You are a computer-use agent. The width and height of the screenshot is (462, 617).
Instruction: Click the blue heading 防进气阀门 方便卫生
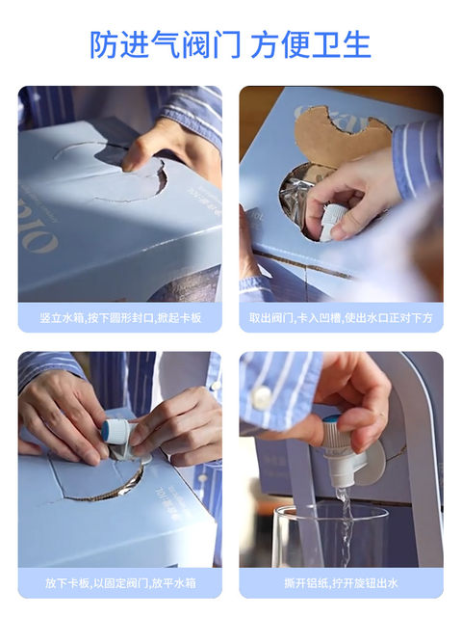click(x=231, y=44)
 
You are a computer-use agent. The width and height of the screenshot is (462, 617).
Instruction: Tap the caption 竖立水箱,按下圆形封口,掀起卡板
click(x=120, y=317)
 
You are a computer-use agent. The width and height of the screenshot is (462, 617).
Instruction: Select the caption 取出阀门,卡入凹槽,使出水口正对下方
click(x=341, y=317)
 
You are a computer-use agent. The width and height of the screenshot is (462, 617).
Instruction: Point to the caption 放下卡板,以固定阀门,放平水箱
click(x=120, y=582)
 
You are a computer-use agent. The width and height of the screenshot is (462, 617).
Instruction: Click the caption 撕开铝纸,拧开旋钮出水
click(x=341, y=582)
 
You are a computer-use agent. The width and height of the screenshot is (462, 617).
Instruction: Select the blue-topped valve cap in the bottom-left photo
click(x=114, y=430)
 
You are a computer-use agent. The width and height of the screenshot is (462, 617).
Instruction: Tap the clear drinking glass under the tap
click(x=329, y=536)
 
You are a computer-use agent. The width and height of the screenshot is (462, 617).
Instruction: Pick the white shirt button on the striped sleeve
click(x=262, y=396)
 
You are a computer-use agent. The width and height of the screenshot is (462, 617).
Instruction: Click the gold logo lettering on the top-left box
click(x=39, y=228)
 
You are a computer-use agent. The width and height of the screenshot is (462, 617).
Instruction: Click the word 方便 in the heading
click(x=280, y=44)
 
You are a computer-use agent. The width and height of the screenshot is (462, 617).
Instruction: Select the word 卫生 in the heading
click(x=342, y=44)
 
